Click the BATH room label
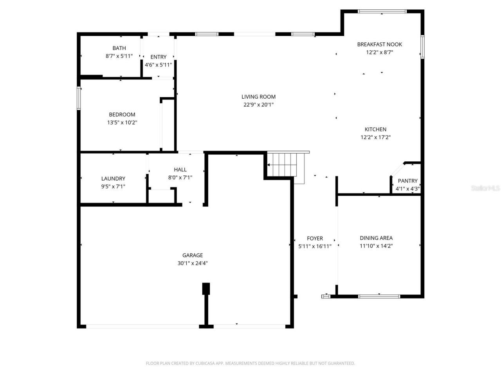(x=119, y=48)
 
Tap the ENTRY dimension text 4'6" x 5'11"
(x=158, y=65)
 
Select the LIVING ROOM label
(x=258, y=97)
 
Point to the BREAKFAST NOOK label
(x=379, y=44)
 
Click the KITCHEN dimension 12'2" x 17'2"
(x=375, y=137)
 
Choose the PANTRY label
(x=407, y=181)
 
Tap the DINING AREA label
(x=376, y=238)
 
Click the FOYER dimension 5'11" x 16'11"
(x=315, y=246)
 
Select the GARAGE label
(x=193, y=255)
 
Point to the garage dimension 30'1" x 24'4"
(x=193, y=263)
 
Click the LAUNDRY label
(x=113, y=179)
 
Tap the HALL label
(x=180, y=170)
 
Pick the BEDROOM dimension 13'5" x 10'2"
(x=122, y=123)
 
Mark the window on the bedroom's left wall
(x=79, y=98)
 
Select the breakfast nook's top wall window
(x=382, y=11)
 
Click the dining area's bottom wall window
(x=379, y=296)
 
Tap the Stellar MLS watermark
(x=485, y=188)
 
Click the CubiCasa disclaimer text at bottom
(x=250, y=363)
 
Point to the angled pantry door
(x=398, y=170)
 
